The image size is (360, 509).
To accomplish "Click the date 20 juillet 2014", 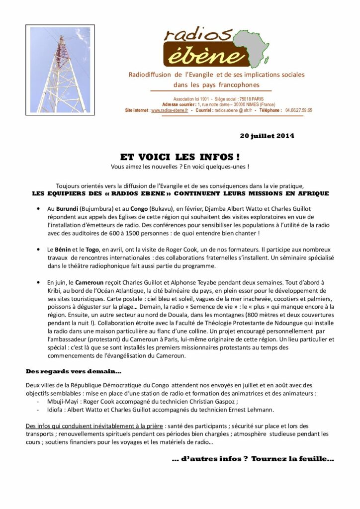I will click(x=267, y=135).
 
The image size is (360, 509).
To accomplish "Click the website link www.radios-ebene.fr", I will click(x=170, y=110).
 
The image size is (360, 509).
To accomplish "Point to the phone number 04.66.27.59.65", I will click(x=299, y=110).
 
